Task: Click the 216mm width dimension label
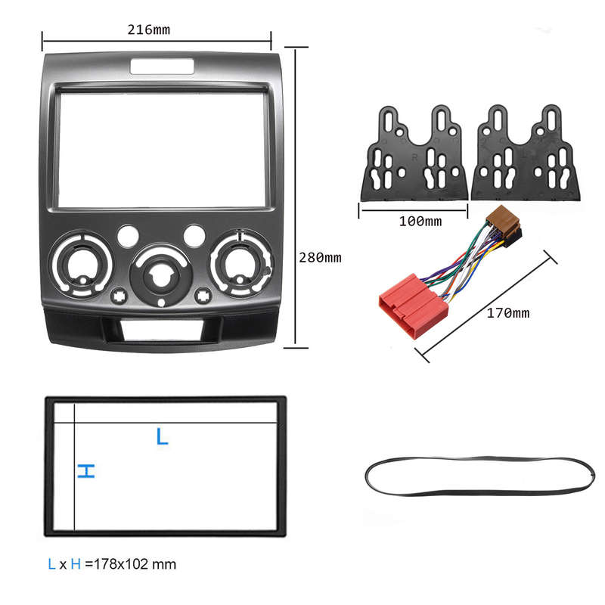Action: [x=148, y=29]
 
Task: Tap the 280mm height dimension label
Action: [x=320, y=257]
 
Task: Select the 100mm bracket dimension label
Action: [x=420, y=222]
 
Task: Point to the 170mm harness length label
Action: [x=507, y=313]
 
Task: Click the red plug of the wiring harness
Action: [x=413, y=306]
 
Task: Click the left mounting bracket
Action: [x=414, y=154]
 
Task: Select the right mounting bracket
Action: [x=525, y=153]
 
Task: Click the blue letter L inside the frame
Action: [x=162, y=436]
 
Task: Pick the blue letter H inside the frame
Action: [x=86, y=471]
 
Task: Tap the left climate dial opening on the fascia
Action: [x=81, y=264]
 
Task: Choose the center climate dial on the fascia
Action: [x=161, y=275]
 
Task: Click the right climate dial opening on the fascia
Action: [x=241, y=263]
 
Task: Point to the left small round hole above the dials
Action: [x=128, y=237]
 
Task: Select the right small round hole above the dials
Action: [x=194, y=236]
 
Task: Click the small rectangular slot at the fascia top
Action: [x=162, y=67]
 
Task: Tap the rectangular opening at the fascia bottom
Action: [x=162, y=330]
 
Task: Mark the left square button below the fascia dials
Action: [x=119, y=296]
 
